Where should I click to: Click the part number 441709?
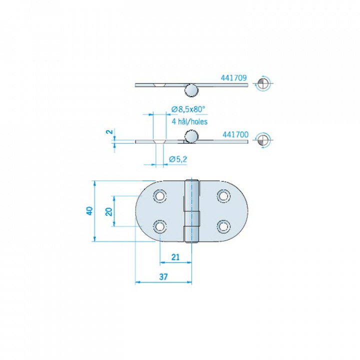coord(233,78)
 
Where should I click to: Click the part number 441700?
coord(235,134)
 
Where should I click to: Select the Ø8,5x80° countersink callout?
coord(188,109)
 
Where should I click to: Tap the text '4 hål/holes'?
coord(189,121)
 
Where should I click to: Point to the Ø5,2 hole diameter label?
coord(178,159)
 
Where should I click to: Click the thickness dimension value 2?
coord(110,132)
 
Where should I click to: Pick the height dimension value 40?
coord(89,211)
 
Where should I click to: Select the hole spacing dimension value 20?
coord(109,211)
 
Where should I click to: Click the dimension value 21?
coord(175,257)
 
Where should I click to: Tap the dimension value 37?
coord(163,277)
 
